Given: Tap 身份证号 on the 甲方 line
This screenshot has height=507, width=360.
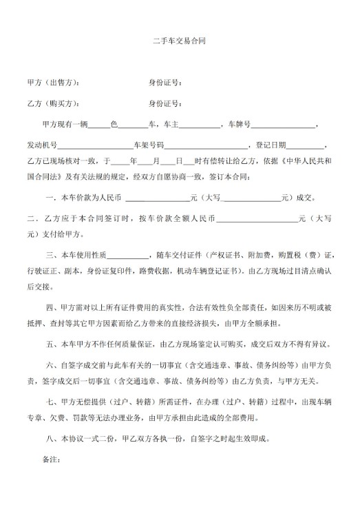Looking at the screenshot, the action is tap(165, 83).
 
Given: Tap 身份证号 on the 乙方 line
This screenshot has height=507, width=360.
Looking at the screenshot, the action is tap(165, 104).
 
